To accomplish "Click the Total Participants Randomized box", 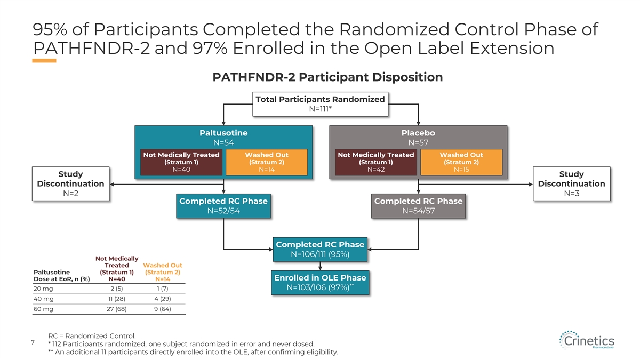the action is [x=321, y=104].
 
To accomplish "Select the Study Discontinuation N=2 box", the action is [x=70, y=183].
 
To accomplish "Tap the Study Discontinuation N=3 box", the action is [x=571, y=183].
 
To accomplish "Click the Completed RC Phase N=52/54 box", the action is [x=223, y=206].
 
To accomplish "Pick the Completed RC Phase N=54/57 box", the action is [x=418, y=206].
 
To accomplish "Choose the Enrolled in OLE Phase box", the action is [x=320, y=283].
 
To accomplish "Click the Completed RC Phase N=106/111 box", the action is [x=320, y=250].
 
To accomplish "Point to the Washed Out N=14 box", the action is [x=267, y=162].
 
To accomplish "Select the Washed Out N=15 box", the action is [x=461, y=162].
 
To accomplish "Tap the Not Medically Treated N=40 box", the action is [x=181, y=162].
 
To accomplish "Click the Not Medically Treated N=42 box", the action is [x=375, y=162].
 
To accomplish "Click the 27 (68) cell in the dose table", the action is [x=117, y=309].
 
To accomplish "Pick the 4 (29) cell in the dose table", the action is [x=163, y=299].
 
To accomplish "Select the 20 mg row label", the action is [x=43, y=289].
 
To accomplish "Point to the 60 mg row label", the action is [x=43, y=309].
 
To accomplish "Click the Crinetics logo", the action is [x=587, y=340].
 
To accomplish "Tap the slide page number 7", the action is [x=33, y=342].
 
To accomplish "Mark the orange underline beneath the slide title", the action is [x=44, y=61].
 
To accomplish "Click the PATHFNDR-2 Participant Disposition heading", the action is [x=327, y=77].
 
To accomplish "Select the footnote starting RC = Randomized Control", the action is [x=92, y=335].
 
